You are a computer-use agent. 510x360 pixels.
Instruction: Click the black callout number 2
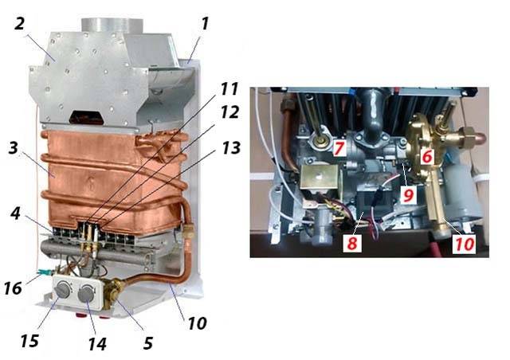(x=19, y=23)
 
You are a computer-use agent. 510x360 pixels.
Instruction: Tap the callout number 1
(x=205, y=23)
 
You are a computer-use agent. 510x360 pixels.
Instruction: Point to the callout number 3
(x=14, y=148)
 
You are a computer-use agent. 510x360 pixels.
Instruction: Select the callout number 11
(x=229, y=88)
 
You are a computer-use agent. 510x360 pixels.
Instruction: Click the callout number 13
(x=231, y=147)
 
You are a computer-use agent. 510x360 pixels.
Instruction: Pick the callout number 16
(x=13, y=288)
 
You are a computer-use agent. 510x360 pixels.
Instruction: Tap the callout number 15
(x=29, y=341)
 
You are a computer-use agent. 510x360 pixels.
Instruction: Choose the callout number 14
(x=97, y=344)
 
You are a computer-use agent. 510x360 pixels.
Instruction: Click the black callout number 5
(x=148, y=343)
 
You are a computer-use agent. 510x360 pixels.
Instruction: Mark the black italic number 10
(x=197, y=323)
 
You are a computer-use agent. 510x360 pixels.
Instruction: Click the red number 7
(x=339, y=148)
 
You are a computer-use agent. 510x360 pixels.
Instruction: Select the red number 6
(x=427, y=156)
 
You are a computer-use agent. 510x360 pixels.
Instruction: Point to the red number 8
(x=352, y=243)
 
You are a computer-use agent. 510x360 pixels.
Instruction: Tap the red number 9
(x=408, y=195)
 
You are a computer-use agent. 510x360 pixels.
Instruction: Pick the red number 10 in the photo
(x=464, y=245)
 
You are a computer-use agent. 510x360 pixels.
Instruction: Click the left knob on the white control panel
(x=63, y=290)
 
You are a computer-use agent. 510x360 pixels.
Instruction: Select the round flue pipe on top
(x=112, y=26)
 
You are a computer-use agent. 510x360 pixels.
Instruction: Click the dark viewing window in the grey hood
(x=88, y=117)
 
